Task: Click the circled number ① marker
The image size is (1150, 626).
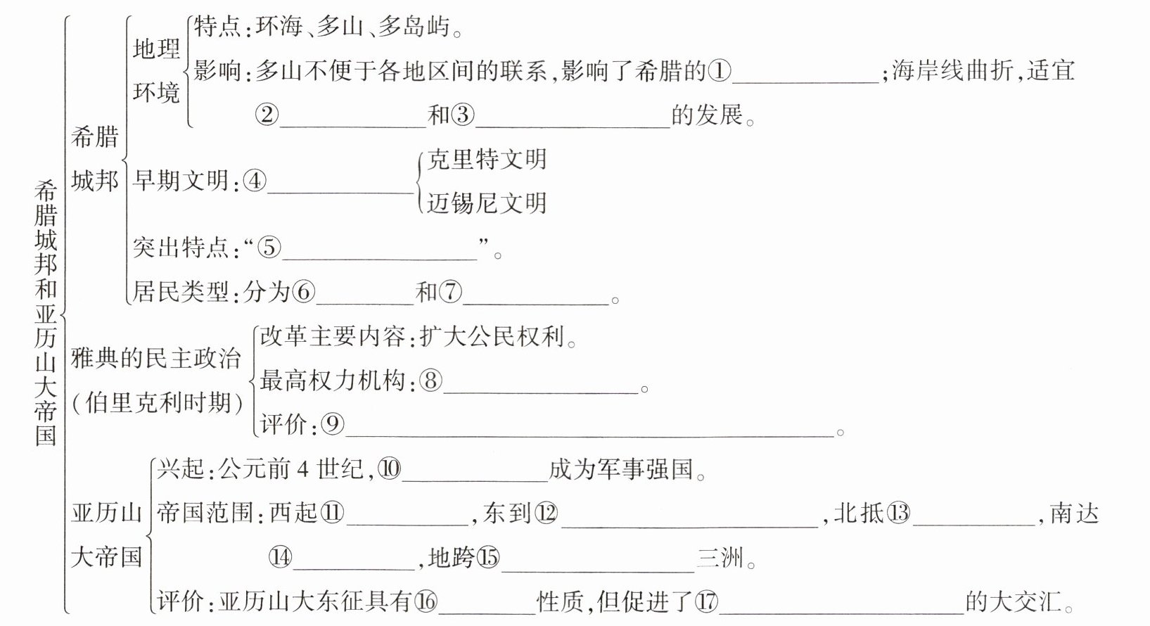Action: [720, 70]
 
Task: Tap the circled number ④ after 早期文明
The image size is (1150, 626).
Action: [255, 181]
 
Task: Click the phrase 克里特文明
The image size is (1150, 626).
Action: [487, 160]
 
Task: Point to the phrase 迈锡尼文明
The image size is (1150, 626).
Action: [487, 203]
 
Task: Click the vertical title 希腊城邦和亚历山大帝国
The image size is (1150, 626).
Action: [46, 313]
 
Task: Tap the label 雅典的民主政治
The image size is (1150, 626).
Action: [155, 359]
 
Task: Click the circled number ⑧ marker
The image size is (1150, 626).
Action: [430, 381]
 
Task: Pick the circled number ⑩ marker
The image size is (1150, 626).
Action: [389, 469]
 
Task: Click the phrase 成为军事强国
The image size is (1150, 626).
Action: [622, 469]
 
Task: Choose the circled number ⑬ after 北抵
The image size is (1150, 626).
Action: [898, 513]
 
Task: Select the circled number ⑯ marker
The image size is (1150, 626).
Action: [426, 601]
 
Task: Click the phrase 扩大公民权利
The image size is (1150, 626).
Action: [492, 338]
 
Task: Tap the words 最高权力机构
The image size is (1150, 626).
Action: [333, 381]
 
